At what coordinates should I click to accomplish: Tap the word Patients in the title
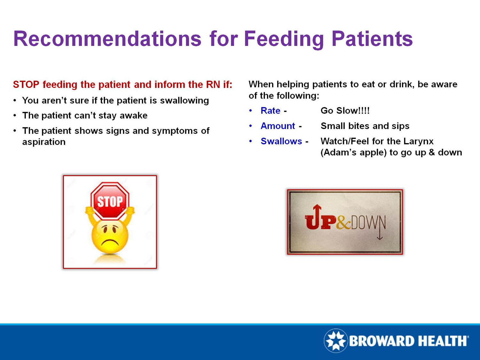(372, 39)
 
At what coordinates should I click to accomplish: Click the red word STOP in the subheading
(26, 84)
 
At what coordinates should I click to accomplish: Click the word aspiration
(44, 142)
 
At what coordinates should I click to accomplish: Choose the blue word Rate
(270, 111)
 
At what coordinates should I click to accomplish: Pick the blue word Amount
(277, 126)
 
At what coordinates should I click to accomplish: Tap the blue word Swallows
(281, 141)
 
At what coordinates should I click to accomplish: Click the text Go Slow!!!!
(345, 111)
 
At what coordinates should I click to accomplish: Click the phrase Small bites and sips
(365, 126)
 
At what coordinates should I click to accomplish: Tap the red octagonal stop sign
(110, 201)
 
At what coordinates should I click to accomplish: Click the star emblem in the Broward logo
(336, 341)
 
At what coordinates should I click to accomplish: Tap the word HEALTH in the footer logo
(443, 341)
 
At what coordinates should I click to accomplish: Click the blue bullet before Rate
(251, 111)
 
